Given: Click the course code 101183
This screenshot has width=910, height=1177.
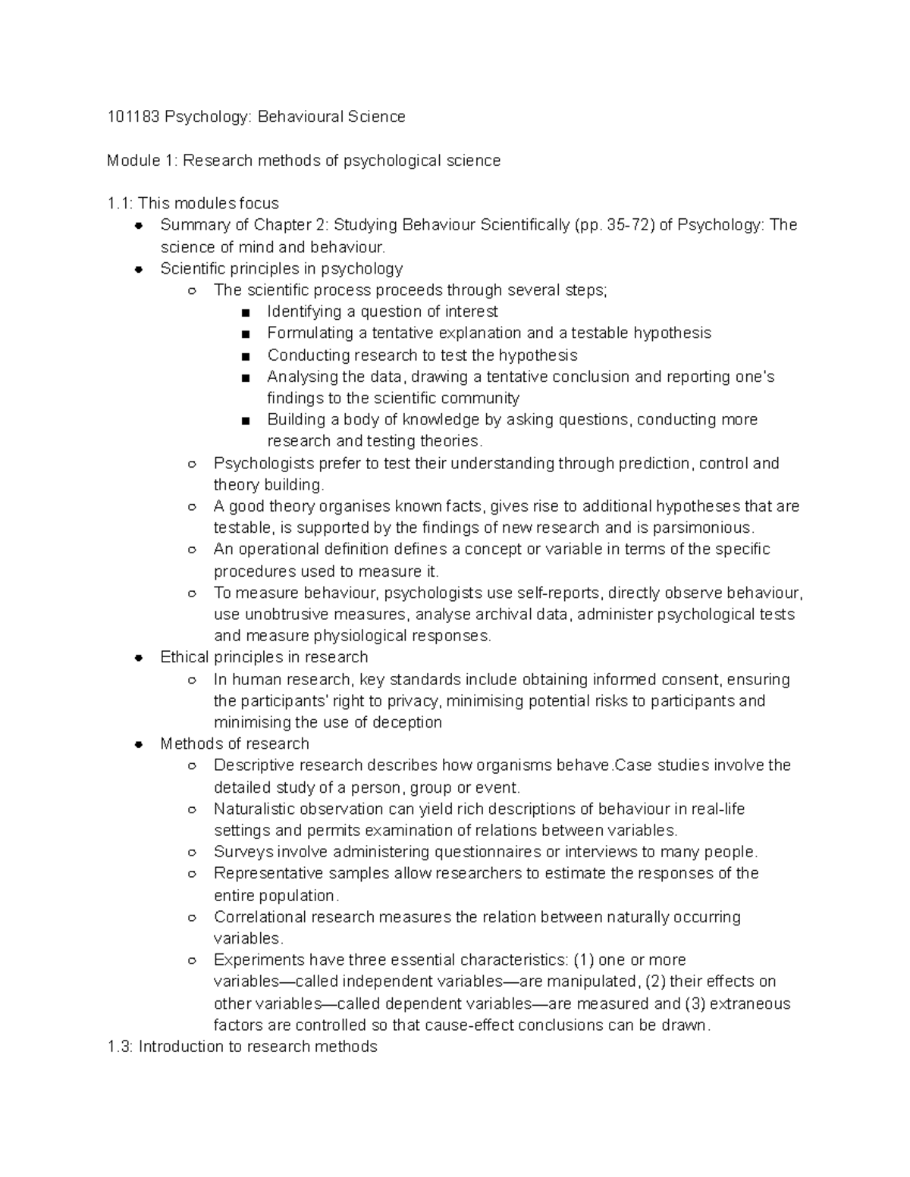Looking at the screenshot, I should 133,117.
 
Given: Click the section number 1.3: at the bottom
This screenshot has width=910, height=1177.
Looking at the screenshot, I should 121,1047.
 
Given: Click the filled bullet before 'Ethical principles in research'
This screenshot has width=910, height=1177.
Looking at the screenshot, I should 139,658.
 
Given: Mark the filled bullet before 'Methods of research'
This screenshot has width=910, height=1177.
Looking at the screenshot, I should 139,744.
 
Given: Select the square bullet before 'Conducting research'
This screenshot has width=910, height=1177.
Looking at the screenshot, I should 244,356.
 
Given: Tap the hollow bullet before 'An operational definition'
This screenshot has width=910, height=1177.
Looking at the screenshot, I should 193,550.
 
